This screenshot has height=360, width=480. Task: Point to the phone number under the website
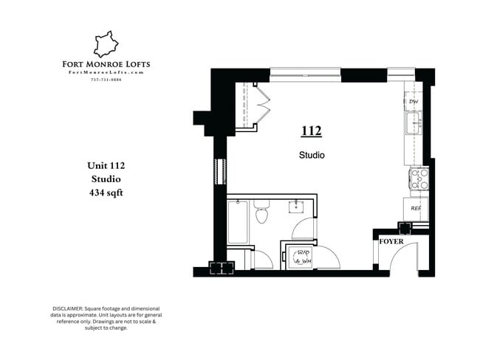[x=106, y=80]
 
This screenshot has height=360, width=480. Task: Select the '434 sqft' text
[x=105, y=193]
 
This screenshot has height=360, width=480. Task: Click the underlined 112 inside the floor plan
[x=311, y=131]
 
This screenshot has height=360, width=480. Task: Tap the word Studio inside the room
[x=312, y=156]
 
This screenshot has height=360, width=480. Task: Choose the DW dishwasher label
[x=414, y=102]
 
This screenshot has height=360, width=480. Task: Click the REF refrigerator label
[x=416, y=208]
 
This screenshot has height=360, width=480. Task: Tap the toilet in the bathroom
[x=261, y=214]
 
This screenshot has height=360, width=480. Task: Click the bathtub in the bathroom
[x=237, y=221]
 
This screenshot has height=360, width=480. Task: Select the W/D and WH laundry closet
[x=302, y=255]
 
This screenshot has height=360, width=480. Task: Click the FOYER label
[x=391, y=240]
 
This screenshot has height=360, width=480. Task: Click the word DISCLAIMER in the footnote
[x=69, y=308]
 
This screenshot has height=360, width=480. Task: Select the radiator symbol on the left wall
[x=217, y=170]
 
